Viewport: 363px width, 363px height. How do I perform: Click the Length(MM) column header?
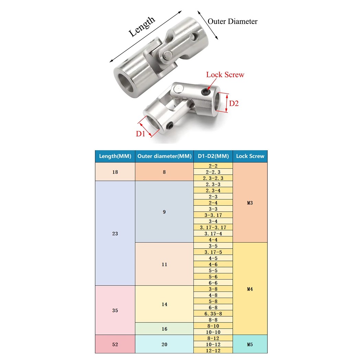click(115, 156)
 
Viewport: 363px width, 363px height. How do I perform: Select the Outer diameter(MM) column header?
click(164, 156)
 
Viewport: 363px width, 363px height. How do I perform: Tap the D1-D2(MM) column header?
click(213, 156)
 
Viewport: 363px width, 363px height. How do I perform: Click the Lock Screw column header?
click(250, 156)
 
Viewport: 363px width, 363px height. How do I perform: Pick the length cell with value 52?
click(115, 344)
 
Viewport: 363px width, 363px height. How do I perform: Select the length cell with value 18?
click(115, 172)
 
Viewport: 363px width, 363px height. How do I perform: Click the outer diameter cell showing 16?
click(164, 329)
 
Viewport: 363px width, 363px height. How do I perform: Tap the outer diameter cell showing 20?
click(164, 344)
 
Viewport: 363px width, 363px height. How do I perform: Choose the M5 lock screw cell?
click(250, 344)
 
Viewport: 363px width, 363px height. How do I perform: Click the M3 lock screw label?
click(250, 203)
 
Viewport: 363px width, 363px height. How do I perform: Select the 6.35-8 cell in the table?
click(213, 313)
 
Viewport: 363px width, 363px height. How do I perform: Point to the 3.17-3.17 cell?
click(213, 228)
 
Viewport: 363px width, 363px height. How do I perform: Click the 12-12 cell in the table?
click(213, 351)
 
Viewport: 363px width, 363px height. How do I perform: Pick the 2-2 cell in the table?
click(213, 166)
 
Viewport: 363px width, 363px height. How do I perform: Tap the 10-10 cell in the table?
click(213, 332)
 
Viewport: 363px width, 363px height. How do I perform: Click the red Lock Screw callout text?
click(225, 75)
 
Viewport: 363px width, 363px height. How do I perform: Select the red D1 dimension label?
click(141, 134)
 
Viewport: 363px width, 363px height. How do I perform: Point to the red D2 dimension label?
click(234, 103)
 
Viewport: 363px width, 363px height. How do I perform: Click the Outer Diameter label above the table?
click(232, 21)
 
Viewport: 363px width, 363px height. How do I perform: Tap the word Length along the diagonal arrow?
click(142, 27)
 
